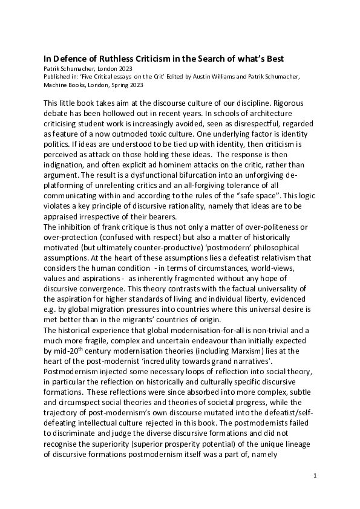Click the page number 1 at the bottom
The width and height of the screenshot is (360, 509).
coord(315,476)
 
